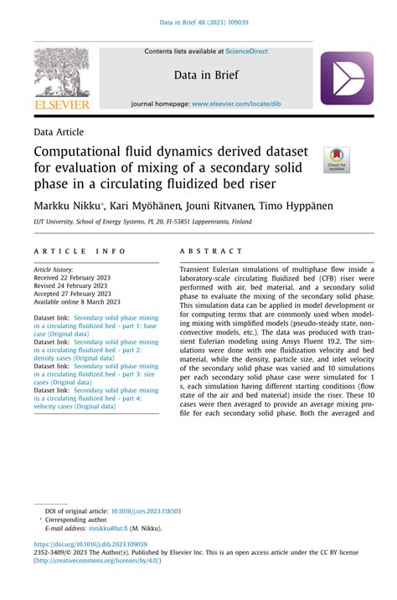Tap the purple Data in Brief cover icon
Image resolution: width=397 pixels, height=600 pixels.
click(x=347, y=78)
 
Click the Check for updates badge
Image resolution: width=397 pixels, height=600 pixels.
click(x=337, y=159)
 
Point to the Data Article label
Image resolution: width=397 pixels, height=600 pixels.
click(x=59, y=131)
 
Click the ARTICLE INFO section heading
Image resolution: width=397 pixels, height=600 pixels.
click(x=80, y=251)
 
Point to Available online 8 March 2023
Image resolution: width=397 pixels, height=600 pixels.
click(x=77, y=301)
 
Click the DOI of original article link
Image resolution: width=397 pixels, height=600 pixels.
click(x=142, y=510)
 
